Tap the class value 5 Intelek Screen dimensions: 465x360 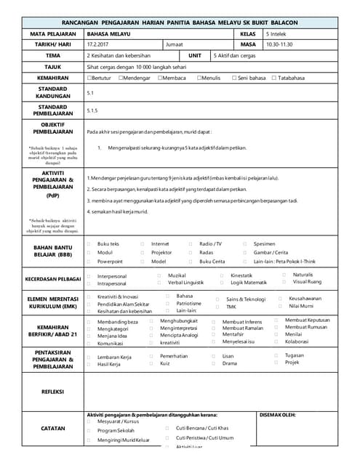tap(279, 33)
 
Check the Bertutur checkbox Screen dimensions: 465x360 tap(89, 78)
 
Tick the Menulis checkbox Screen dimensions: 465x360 tap(199, 78)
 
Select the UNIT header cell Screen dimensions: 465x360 tap(195, 55)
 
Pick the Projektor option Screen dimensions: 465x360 tap(161, 252)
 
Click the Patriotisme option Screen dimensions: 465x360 tap(188, 304)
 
